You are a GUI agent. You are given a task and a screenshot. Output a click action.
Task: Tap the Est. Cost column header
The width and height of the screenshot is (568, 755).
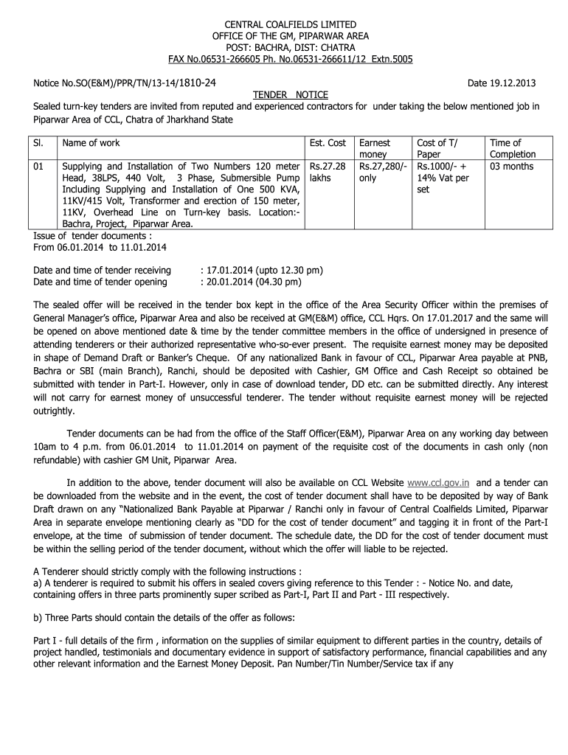pos(328,143)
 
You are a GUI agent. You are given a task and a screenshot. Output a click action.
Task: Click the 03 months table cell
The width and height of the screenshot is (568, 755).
pos(511,167)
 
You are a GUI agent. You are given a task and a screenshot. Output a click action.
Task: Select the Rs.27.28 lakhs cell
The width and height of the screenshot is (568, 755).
pos(328,173)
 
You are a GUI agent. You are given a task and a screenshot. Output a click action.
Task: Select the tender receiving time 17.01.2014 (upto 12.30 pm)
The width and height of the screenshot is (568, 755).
pos(263,270)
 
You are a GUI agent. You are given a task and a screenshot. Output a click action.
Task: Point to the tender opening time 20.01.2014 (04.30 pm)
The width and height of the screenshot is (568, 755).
pos(252,282)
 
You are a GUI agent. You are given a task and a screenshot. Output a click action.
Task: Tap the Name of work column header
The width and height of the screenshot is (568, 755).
pos(91,143)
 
